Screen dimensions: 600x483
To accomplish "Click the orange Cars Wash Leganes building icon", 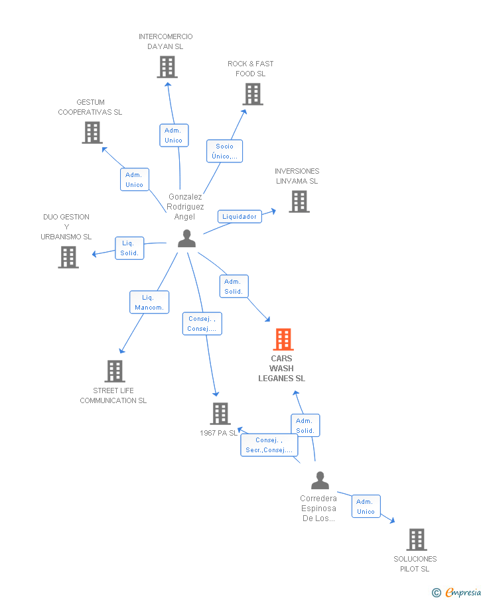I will click(283, 339).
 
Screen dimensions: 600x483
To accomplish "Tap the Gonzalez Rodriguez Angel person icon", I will click(187, 239).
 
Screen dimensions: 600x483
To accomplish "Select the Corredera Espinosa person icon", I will click(320, 481).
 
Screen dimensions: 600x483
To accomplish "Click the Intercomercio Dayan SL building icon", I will click(167, 67).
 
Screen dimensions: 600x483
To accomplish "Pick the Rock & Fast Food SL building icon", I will click(252, 94).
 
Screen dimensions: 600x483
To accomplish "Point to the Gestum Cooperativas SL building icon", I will click(92, 133).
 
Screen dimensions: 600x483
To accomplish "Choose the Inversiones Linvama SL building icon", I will click(299, 202).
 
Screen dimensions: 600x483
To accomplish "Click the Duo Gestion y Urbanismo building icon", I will click(68, 257).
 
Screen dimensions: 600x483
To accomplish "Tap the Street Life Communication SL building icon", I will click(115, 371).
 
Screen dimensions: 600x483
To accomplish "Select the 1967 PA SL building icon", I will click(220, 414).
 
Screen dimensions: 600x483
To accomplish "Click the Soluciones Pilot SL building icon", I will click(416, 540).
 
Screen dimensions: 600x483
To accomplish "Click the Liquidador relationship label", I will click(240, 217).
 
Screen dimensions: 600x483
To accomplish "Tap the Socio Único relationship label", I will click(224, 151).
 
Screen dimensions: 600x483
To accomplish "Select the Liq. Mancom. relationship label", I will click(149, 302).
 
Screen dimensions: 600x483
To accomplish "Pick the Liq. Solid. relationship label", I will click(129, 248).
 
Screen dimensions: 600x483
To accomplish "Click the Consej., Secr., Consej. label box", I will click(269, 445).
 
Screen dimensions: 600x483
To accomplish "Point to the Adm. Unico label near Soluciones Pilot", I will click(366, 507).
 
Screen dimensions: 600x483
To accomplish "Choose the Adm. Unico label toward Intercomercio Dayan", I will click(174, 135).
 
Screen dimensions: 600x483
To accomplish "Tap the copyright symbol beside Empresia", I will click(437, 592).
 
